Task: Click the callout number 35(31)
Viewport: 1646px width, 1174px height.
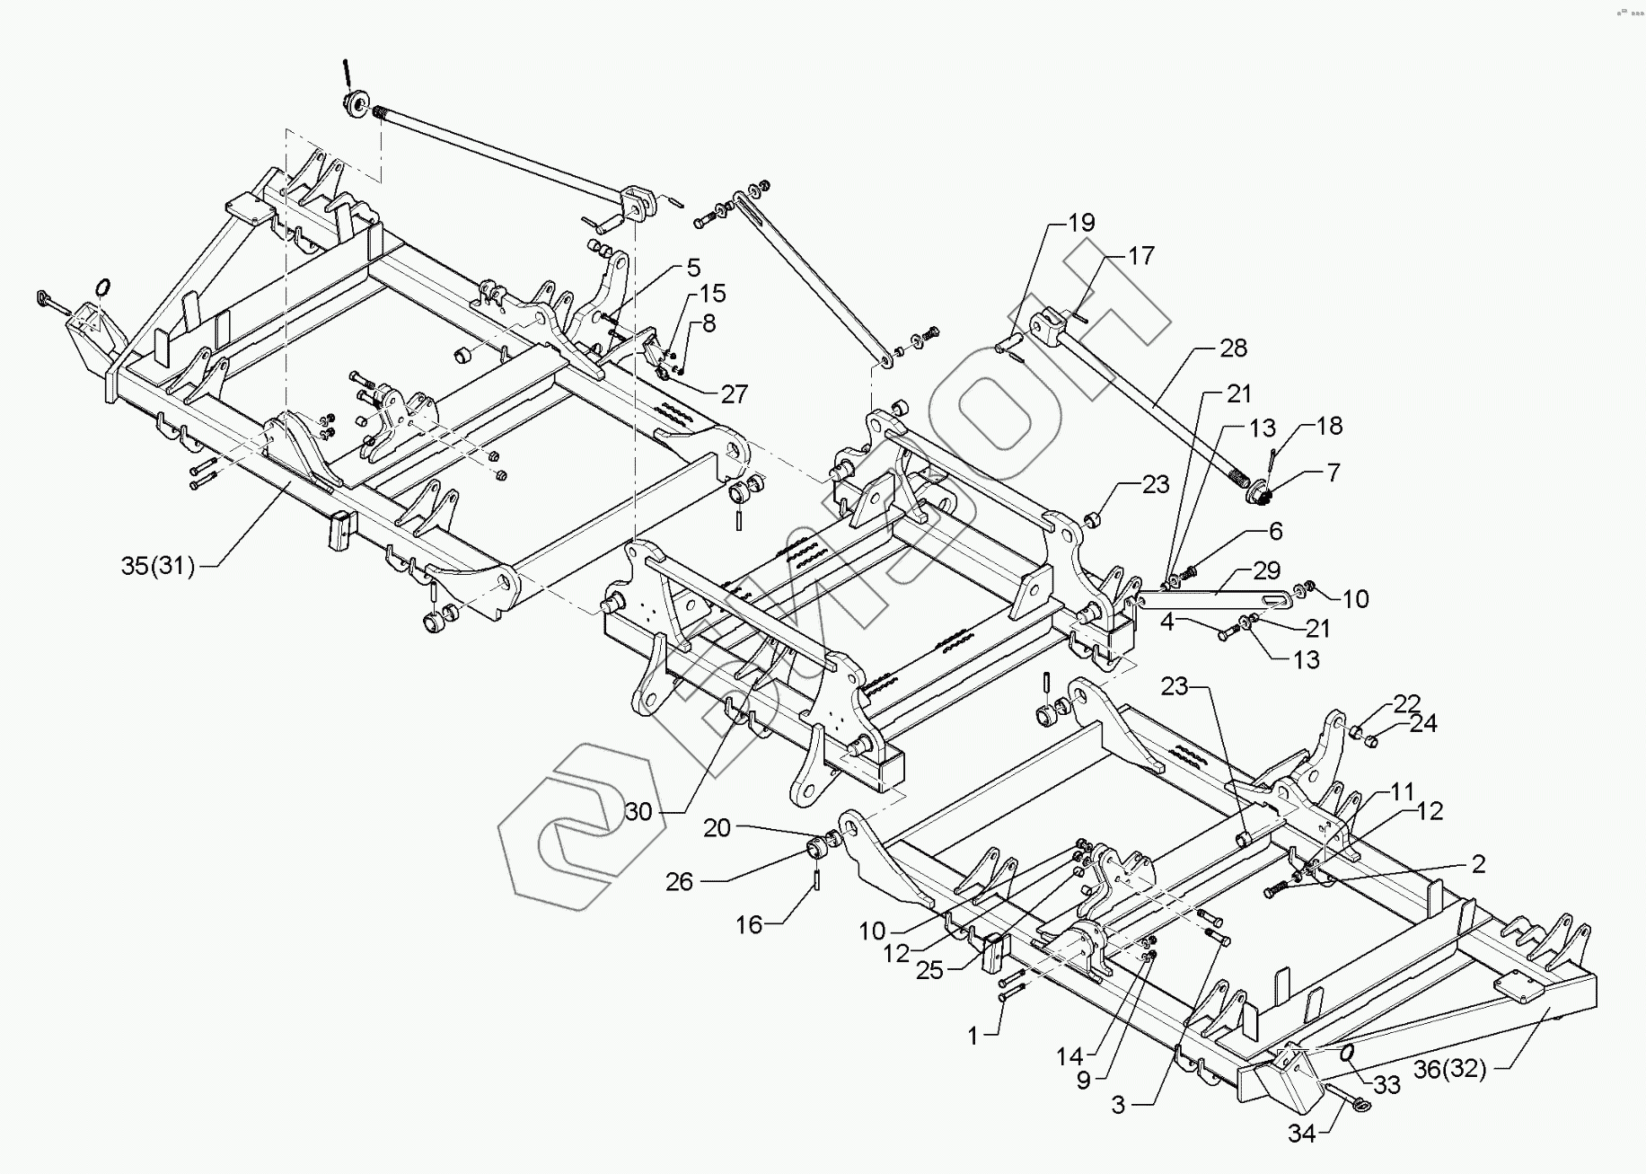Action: tap(157, 566)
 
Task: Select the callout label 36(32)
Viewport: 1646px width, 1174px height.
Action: tap(1449, 1069)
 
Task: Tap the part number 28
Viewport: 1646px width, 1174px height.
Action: tap(1233, 349)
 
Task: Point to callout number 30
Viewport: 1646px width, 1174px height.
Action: tap(638, 812)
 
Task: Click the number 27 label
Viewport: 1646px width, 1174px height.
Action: tap(735, 393)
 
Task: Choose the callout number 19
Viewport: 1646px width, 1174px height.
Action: tap(1081, 223)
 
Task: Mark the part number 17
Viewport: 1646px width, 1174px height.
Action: tap(1140, 256)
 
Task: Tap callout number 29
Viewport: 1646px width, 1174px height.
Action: tap(1266, 571)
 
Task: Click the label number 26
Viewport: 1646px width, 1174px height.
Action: tap(679, 882)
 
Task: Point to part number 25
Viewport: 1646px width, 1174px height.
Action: tap(930, 970)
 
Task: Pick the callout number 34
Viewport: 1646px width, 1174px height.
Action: tap(1301, 1134)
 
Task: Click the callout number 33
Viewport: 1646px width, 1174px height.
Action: tap(1386, 1085)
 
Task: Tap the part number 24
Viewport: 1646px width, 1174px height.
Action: tap(1423, 722)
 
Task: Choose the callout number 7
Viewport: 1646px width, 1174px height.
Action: tap(1333, 472)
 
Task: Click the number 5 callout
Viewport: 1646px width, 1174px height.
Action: tap(693, 268)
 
